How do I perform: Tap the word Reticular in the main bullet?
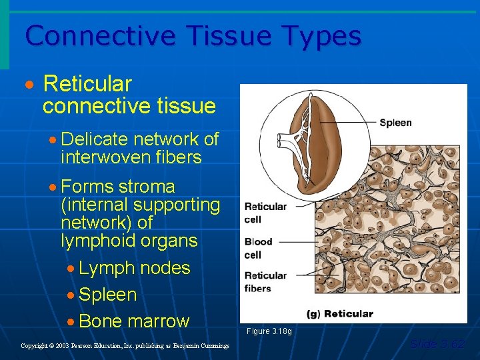[x=87, y=85]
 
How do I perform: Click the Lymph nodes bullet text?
[x=134, y=268]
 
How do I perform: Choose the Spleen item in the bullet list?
[x=107, y=295]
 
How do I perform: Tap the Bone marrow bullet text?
[x=134, y=321]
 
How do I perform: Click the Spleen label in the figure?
[x=395, y=123]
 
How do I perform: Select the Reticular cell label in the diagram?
[x=265, y=213]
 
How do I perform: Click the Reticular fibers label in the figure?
[x=265, y=282]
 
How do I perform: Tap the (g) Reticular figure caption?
[x=339, y=313]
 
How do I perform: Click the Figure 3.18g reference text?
[x=269, y=331]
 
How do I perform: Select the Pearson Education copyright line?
[x=125, y=346]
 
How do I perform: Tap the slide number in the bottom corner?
[x=437, y=344]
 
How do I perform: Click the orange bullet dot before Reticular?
[x=28, y=87]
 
